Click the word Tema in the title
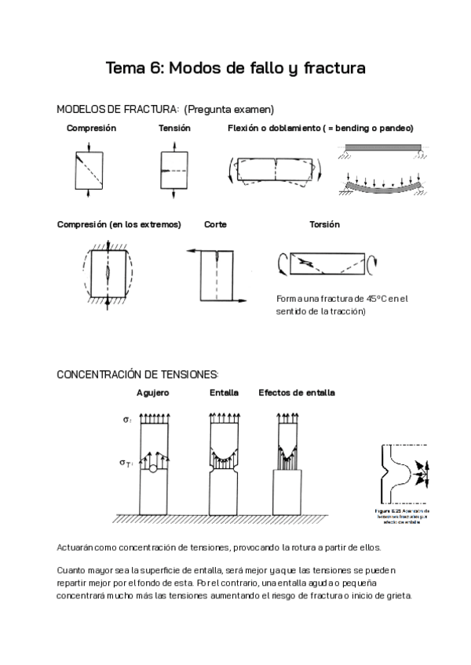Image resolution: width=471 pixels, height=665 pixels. click(x=126, y=69)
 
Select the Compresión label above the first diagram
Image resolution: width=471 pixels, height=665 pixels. click(x=91, y=128)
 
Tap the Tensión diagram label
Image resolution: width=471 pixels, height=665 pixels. click(x=174, y=128)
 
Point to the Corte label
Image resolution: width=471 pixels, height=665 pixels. click(x=215, y=224)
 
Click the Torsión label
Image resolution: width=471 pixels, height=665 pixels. click(x=324, y=224)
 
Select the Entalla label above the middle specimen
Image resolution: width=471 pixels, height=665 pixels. click(x=225, y=392)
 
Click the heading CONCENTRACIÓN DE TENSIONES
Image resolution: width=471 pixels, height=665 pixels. click(x=137, y=374)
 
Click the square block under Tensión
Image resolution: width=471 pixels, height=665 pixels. click(x=173, y=169)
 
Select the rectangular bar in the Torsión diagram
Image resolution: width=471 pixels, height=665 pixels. click(x=330, y=263)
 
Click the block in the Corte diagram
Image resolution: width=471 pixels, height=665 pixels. click(x=225, y=274)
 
